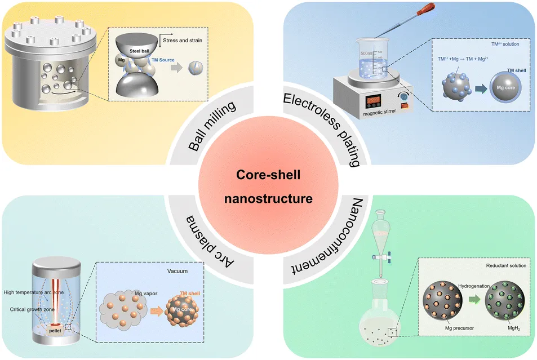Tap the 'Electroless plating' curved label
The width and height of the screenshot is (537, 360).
click(x=321, y=127)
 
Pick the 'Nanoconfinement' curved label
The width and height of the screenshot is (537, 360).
click(x=319, y=237)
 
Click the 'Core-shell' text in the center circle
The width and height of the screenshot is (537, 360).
click(x=268, y=175)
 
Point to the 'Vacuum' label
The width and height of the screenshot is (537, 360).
click(x=177, y=270)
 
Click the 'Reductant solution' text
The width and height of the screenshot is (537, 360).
click(x=504, y=265)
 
